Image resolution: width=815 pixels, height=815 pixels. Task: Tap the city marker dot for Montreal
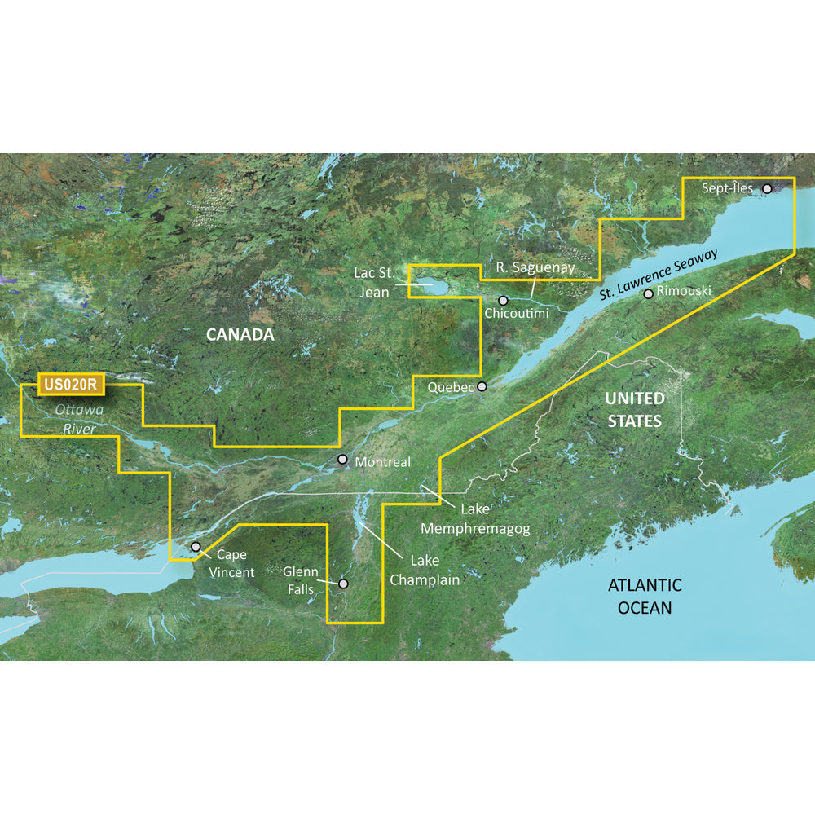click(343, 460)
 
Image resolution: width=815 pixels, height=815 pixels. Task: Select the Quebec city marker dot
click(482, 386)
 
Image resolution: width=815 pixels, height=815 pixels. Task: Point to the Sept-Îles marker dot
click(767, 188)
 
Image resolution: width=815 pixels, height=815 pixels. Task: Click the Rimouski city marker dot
click(648, 293)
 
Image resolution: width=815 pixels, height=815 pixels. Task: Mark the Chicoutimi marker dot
click(504, 300)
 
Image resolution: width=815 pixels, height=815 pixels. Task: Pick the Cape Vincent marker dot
click(196, 547)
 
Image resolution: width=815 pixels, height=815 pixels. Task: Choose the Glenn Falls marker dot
click(343, 584)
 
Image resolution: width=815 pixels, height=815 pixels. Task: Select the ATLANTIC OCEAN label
click(645, 596)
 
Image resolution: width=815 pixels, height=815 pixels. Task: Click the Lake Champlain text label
click(424, 570)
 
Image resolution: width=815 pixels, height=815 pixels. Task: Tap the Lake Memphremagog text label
click(475, 519)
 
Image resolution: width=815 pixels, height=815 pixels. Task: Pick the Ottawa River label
click(68, 419)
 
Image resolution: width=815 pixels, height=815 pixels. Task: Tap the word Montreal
click(383, 462)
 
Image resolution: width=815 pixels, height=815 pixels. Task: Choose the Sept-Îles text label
click(727, 188)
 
